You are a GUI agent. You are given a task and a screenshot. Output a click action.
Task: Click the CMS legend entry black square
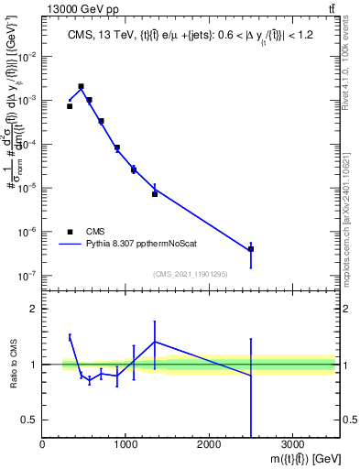coord(70,232)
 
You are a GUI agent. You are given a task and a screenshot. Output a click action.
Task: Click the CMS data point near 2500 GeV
coord(251,249)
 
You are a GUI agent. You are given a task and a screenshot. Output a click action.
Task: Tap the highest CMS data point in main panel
coord(82,86)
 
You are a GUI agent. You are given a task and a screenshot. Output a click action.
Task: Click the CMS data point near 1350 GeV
coord(155,194)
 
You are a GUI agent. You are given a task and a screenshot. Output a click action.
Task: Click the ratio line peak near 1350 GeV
coord(155,342)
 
